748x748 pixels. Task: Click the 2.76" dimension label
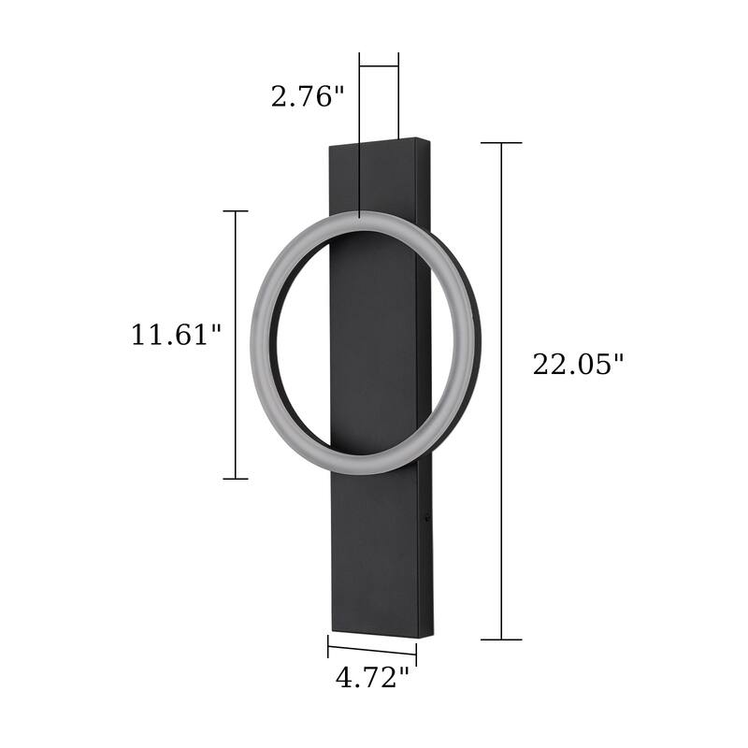coord(308,95)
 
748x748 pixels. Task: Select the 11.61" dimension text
coord(176,335)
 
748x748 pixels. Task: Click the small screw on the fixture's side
coord(428,512)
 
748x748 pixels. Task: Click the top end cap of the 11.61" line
coord(235,211)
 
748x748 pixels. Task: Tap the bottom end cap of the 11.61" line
coord(235,479)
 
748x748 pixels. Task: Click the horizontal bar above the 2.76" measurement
coord(380,66)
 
